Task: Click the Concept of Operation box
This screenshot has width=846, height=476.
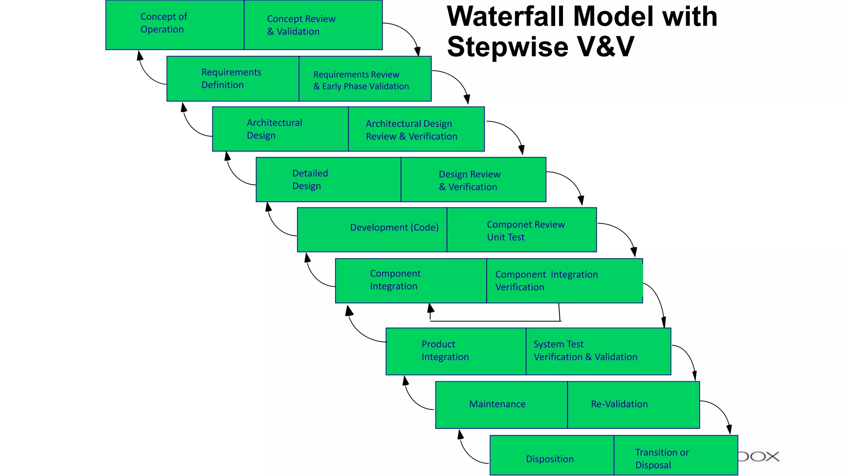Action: pyautogui.click(x=175, y=25)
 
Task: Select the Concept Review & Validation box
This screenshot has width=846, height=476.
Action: pyautogui.click(x=313, y=25)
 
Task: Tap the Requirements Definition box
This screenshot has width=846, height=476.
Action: pyautogui.click(x=233, y=79)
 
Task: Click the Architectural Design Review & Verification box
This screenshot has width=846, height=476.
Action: pyautogui.click(x=416, y=129)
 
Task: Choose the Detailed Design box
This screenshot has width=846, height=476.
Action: pyautogui.click(x=328, y=179)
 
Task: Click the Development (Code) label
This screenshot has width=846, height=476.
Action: pyautogui.click(x=394, y=227)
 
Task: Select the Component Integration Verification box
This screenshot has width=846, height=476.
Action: pyautogui.click(x=564, y=281)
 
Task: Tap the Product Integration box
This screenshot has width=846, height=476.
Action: pyautogui.click(x=456, y=351)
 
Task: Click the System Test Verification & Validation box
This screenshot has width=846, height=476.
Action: pyautogui.click(x=598, y=351)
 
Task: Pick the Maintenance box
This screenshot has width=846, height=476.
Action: pyautogui.click(x=501, y=404)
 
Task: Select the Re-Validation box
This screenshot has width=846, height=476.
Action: pyautogui.click(x=633, y=404)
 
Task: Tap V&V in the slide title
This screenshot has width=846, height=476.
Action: pyautogui.click(x=605, y=46)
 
